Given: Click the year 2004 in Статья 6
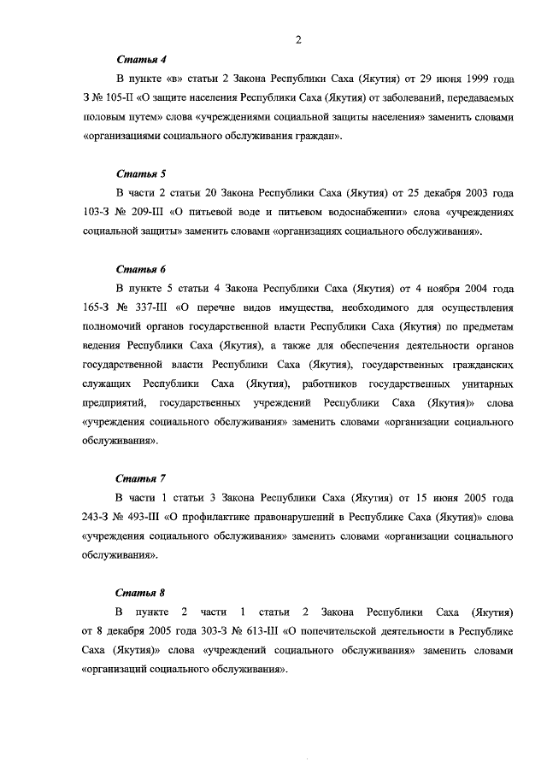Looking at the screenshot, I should point(468,288).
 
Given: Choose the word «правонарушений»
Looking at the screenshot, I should point(280,516).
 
